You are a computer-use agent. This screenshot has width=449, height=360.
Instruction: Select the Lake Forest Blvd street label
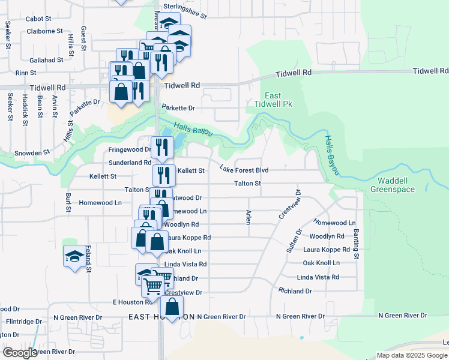click(x=244, y=170)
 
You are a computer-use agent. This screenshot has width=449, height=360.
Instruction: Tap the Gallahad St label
click(x=46, y=60)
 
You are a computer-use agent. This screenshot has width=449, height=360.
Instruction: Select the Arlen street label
click(x=247, y=217)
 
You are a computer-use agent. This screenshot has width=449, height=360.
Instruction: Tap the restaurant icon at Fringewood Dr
click(x=161, y=146)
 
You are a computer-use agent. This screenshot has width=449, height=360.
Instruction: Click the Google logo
click(x=20, y=353)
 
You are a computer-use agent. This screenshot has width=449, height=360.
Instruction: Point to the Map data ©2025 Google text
click(x=411, y=355)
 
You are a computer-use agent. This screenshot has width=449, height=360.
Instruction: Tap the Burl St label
click(x=68, y=199)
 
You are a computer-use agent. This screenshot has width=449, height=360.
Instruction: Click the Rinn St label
click(x=26, y=73)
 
